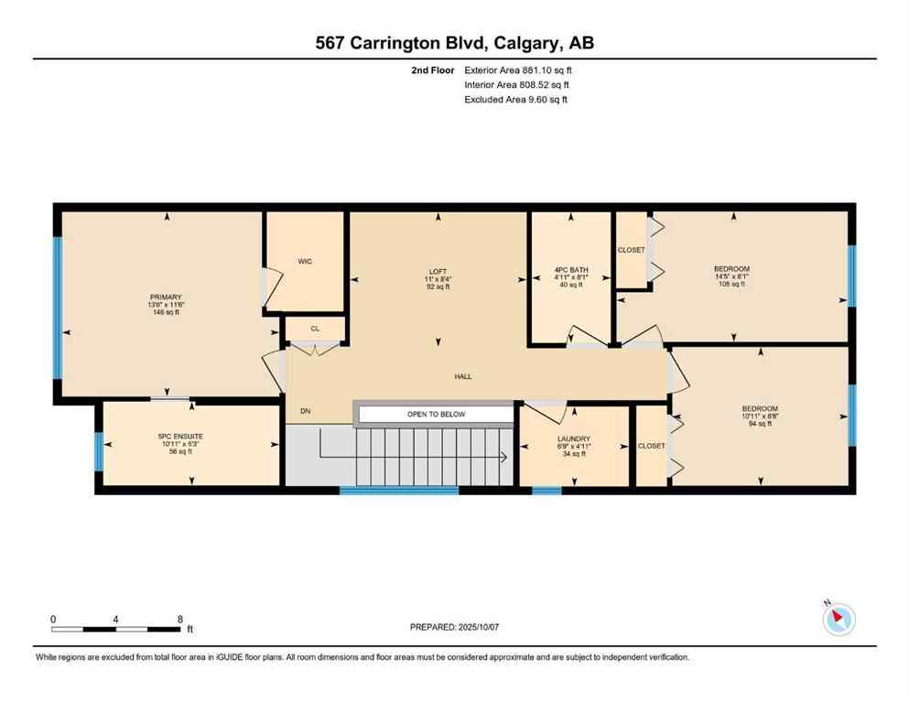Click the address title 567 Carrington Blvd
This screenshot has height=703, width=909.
coord(454,43)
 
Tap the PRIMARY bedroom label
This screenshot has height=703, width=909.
coord(167,297)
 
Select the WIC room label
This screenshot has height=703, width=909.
coord(305,262)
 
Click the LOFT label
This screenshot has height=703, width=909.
coord(438,270)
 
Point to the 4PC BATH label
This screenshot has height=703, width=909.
coord(569,270)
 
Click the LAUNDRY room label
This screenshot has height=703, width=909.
coord(574,438)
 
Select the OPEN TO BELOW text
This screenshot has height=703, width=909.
coord(436,415)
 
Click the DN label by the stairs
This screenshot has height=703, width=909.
coord(305,411)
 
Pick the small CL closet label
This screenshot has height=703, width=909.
coord(314,328)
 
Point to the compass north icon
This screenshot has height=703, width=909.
coord(839,619)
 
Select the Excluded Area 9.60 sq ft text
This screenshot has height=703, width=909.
coord(515,99)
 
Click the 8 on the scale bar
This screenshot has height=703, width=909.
coord(180,619)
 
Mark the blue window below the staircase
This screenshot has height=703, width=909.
coord(398,491)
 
